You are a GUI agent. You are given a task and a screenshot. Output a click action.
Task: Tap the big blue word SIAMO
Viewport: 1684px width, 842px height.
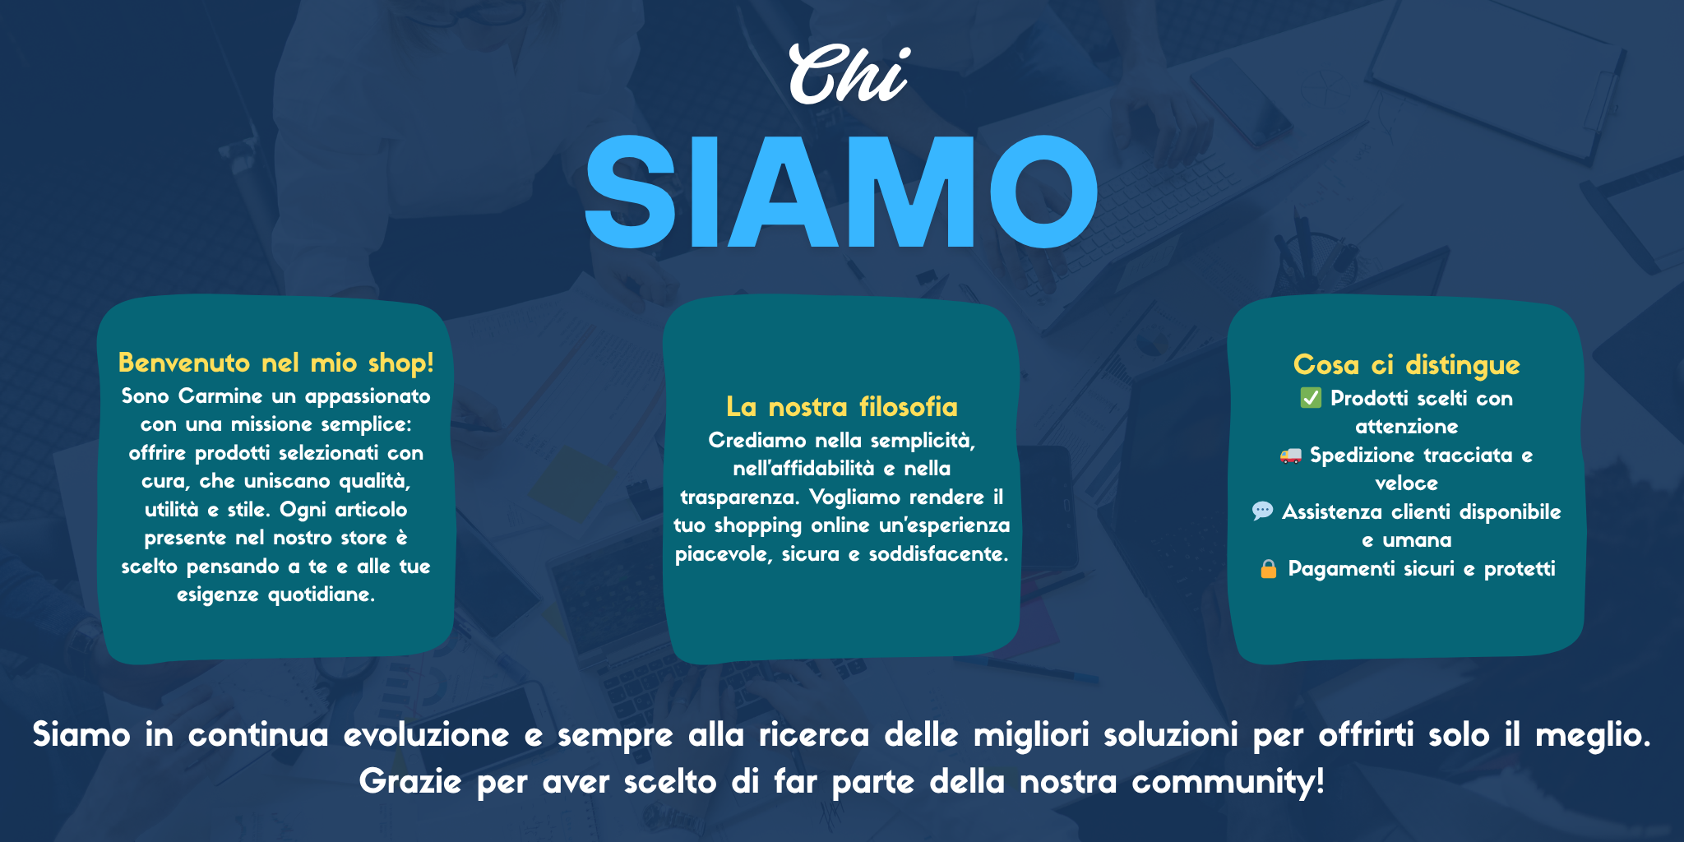tap(841, 192)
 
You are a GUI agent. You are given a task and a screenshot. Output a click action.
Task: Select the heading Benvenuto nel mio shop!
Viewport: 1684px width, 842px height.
tap(276, 363)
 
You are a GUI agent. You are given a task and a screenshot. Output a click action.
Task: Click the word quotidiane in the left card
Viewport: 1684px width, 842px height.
tap(322, 594)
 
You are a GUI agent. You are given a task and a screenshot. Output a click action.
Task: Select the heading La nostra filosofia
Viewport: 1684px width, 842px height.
tap(842, 407)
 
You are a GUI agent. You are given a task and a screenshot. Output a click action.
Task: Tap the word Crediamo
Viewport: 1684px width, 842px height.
tap(756, 441)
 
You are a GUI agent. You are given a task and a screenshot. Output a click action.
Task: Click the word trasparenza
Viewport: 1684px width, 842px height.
tap(740, 497)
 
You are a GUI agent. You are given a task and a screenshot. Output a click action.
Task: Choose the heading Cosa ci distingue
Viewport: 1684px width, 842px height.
tap(1407, 364)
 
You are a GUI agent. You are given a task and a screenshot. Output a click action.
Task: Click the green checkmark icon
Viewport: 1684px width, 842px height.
tap(1311, 398)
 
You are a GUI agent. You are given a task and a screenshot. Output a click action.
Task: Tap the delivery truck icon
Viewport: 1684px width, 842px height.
tap(1291, 455)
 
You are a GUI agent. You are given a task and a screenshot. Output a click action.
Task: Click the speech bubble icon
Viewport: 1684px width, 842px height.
tap(1262, 511)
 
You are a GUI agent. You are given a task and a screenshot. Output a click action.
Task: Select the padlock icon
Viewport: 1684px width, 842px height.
tap(1269, 568)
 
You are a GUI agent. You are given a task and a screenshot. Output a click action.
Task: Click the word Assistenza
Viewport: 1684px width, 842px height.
tap(1332, 512)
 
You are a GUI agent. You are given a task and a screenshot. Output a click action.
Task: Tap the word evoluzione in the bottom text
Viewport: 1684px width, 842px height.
tap(427, 734)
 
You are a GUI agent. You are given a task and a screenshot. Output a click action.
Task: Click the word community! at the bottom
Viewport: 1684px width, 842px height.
tap(1228, 782)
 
